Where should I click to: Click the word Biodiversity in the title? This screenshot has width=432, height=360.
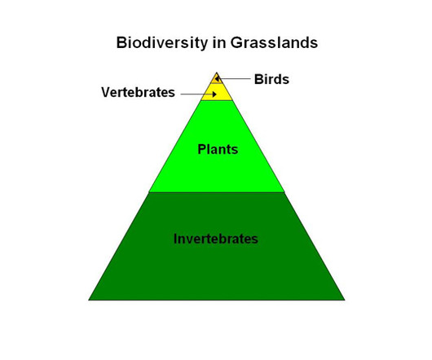click(x=162, y=43)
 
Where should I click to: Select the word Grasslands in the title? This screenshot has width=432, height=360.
click(x=274, y=42)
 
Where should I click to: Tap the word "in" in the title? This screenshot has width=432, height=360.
click(x=218, y=42)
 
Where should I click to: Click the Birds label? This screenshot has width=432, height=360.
click(x=271, y=79)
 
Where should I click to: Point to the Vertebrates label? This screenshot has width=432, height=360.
click(x=138, y=92)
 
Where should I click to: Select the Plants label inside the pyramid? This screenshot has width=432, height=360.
click(x=218, y=149)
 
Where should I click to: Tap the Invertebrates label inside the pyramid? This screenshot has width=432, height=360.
click(x=216, y=239)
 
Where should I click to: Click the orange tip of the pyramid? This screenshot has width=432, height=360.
click(x=217, y=79)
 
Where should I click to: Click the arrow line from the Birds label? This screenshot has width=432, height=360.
click(x=232, y=79)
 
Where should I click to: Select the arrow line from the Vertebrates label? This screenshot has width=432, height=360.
click(x=198, y=94)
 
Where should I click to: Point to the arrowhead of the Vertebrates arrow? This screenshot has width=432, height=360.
click(x=214, y=94)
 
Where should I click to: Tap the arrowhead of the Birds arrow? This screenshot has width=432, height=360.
click(x=217, y=79)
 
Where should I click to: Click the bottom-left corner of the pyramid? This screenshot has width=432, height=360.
click(x=89, y=300)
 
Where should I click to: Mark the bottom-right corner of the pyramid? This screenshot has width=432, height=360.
click(x=345, y=300)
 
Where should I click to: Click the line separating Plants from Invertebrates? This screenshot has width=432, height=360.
click(x=217, y=192)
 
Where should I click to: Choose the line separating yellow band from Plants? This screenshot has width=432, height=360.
click(x=217, y=100)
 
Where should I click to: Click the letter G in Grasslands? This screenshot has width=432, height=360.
click(x=236, y=42)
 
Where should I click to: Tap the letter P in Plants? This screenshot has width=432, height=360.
click(x=202, y=149)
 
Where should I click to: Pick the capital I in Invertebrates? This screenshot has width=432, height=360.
click(x=175, y=239)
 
